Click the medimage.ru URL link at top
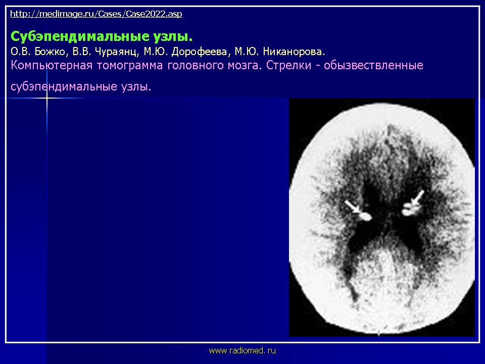point(96,14)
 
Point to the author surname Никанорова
point(293,52)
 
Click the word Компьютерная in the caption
point(52,66)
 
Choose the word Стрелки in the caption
point(288,66)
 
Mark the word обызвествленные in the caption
point(373,66)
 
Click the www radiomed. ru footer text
point(242,351)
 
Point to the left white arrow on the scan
point(353,207)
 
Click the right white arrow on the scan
point(417,198)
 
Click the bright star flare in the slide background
point(47,99)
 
